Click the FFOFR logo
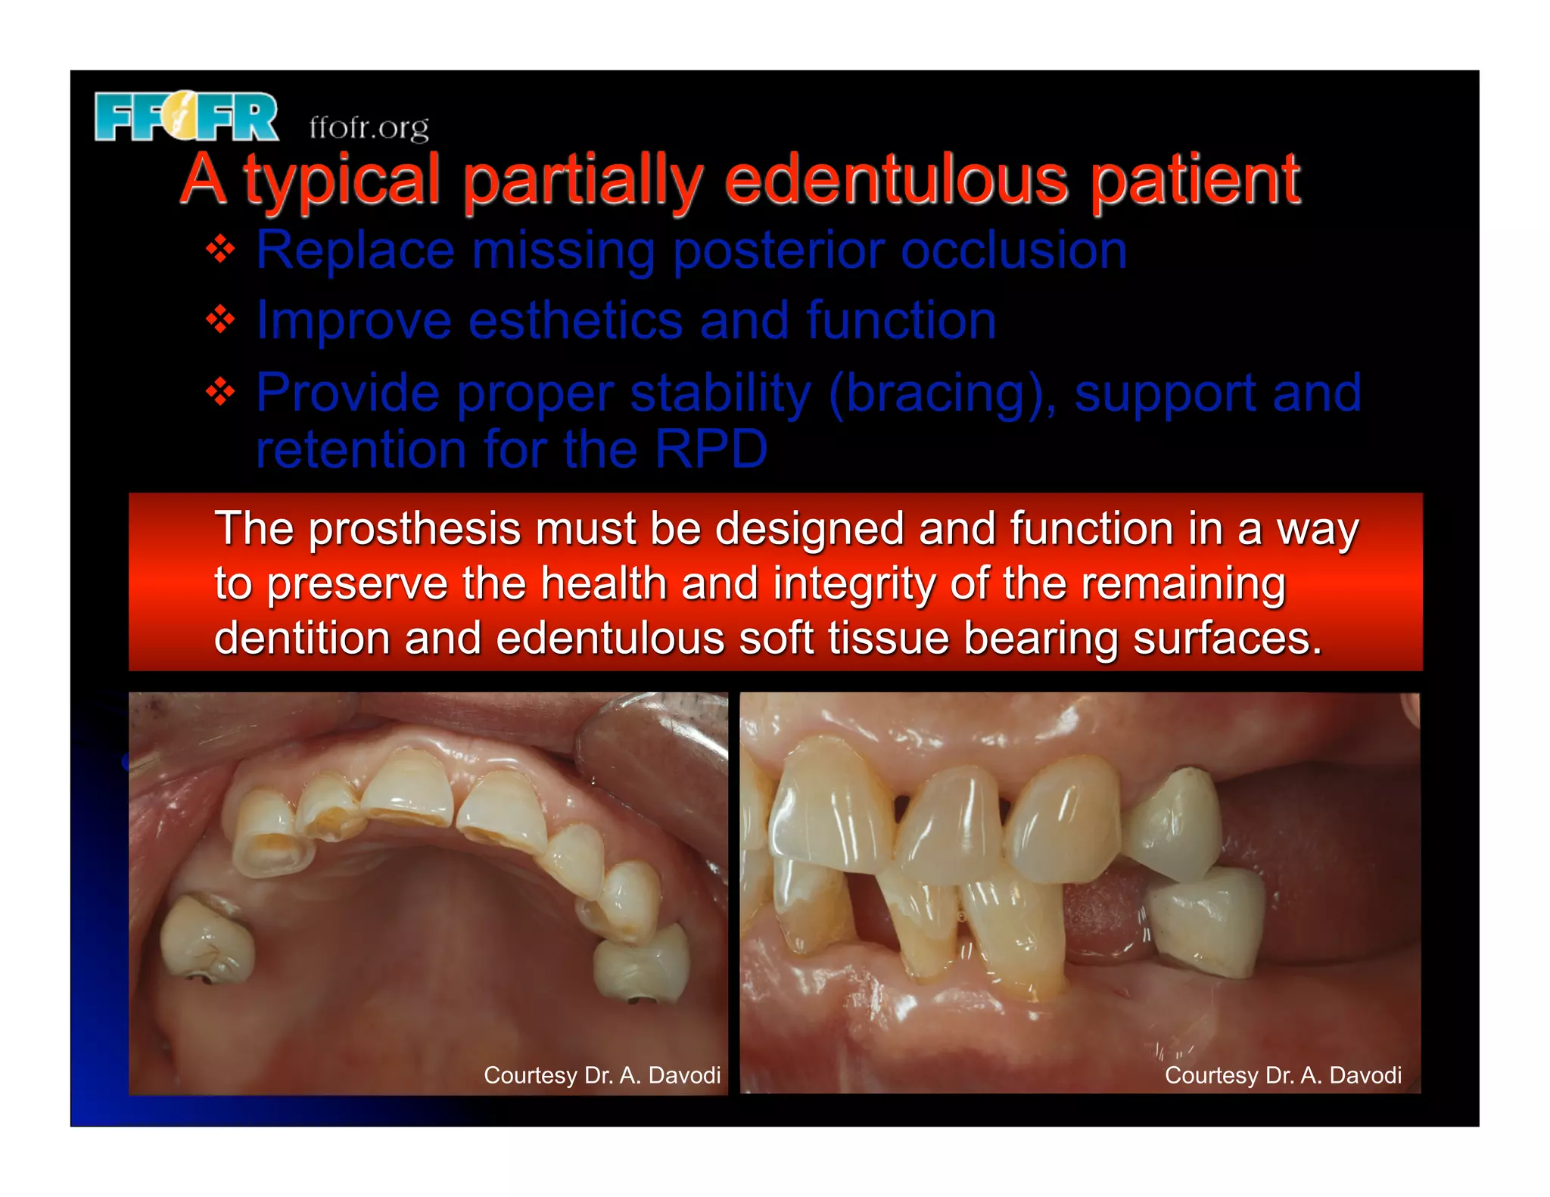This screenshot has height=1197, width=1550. coord(186,117)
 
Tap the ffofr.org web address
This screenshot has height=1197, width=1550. coord(369,128)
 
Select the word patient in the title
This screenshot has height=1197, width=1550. coord(1195,180)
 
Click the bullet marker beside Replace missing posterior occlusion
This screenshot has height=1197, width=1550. coord(220,250)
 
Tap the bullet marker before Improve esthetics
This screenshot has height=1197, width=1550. coord(220,320)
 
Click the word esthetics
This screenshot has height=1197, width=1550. coord(575,320)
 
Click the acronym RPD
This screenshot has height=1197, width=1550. coord(711,449)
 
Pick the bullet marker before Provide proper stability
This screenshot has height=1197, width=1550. coord(220,392)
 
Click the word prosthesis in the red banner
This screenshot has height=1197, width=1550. coord(415,528)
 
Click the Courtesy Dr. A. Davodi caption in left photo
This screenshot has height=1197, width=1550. coord(602,1074)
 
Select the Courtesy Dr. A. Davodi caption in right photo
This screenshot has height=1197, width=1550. coord(1283,1074)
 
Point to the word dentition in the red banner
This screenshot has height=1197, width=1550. coord(300,638)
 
